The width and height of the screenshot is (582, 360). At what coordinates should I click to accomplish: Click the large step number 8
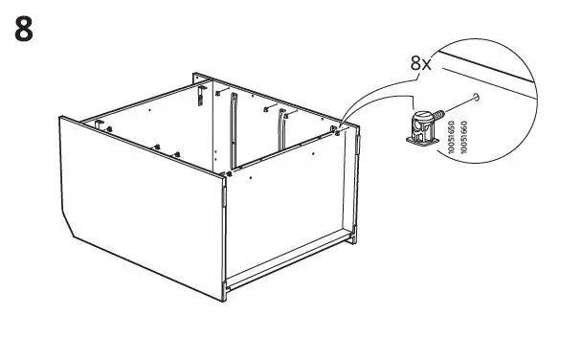click(x=26, y=29)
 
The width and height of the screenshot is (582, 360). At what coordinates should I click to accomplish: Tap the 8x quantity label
click(x=420, y=64)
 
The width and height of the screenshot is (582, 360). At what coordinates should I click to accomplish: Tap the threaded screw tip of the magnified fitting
click(x=441, y=115)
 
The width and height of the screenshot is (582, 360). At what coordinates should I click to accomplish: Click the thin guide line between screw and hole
click(x=459, y=105)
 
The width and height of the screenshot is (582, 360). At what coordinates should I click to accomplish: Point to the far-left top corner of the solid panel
click(x=62, y=119)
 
